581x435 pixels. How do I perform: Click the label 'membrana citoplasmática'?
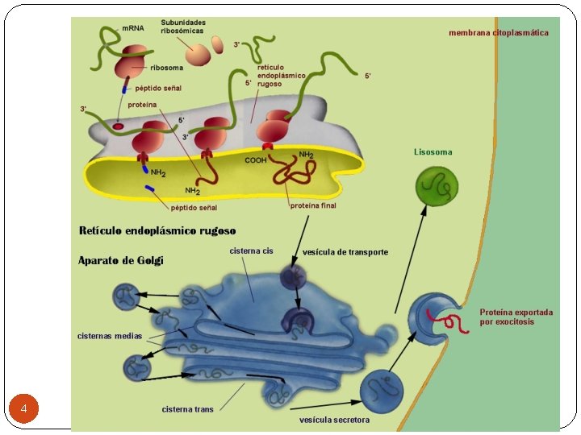point(498,33)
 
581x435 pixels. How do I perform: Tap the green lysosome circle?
point(437,187)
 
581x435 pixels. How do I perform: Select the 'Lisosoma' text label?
point(433,151)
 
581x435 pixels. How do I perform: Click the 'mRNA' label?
point(133,28)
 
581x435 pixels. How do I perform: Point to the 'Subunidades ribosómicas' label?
point(183,26)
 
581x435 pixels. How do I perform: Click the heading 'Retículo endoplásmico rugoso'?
point(157,231)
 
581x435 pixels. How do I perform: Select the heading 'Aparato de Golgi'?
point(120,260)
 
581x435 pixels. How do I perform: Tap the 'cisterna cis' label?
point(251,251)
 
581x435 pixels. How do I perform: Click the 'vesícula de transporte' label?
point(345,252)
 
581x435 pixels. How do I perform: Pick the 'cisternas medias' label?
point(109,336)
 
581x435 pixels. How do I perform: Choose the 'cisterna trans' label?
point(187,409)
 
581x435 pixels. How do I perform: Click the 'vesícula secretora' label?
point(334,420)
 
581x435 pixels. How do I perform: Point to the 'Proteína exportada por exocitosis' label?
point(516,317)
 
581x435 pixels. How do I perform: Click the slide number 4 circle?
point(24,409)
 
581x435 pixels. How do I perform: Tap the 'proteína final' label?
point(313,205)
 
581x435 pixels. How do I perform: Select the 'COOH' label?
point(256,160)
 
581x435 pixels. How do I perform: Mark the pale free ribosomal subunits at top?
point(199,52)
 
